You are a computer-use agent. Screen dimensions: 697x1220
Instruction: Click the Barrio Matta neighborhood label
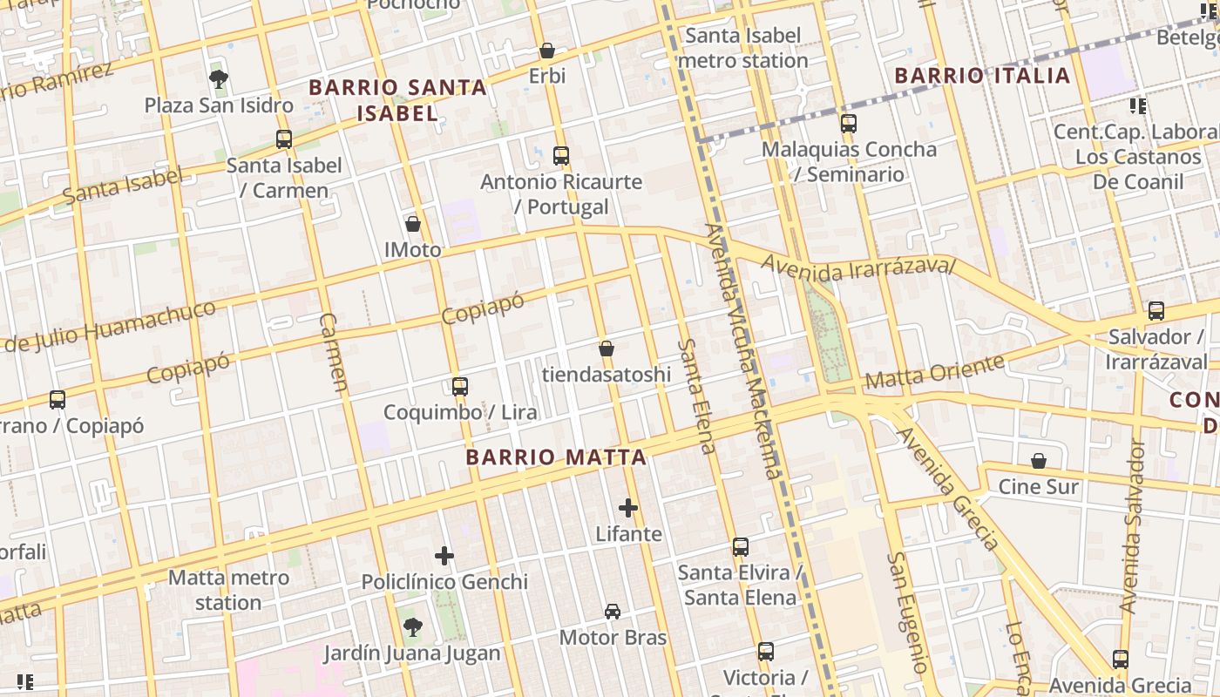pyautogui.click(x=555, y=457)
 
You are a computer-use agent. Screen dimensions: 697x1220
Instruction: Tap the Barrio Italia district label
pyautogui.click(x=982, y=76)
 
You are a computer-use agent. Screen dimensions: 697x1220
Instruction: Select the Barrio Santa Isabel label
pyautogui.click(x=397, y=100)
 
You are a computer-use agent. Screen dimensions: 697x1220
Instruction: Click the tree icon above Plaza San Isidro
pyautogui.click(x=219, y=80)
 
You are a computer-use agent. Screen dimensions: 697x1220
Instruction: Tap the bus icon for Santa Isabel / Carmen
pyautogui.click(x=284, y=139)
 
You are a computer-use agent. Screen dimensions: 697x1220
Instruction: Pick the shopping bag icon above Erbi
pyautogui.click(x=547, y=51)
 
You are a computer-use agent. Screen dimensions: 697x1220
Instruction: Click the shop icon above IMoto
pyautogui.click(x=413, y=225)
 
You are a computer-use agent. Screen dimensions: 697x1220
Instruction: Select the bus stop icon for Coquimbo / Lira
pyautogui.click(x=459, y=387)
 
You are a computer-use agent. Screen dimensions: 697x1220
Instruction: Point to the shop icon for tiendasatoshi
pyautogui.click(x=607, y=349)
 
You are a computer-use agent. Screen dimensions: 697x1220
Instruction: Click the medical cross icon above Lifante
pyautogui.click(x=628, y=508)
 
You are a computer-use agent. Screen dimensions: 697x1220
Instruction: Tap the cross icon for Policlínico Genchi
pyautogui.click(x=444, y=556)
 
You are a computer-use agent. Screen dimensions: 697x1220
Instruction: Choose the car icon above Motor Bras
pyautogui.click(x=613, y=612)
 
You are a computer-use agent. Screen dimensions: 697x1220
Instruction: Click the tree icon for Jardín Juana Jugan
pyautogui.click(x=412, y=626)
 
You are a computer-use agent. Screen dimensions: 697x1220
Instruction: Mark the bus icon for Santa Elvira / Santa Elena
pyautogui.click(x=740, y=547)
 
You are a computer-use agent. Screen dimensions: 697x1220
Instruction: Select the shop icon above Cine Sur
pyautogui.click(x=1038, y=461)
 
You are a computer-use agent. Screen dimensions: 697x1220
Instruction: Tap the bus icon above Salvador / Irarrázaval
pyautogui.click(x=1156, y=311)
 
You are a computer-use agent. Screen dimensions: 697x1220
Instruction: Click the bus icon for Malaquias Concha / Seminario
pyautogui.click(x=849, y=124)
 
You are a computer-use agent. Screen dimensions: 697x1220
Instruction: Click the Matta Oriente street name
pyautogui.click(x=934, y=373)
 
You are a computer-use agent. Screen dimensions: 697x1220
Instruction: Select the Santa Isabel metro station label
pyautogui.click(x=742, y=49)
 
